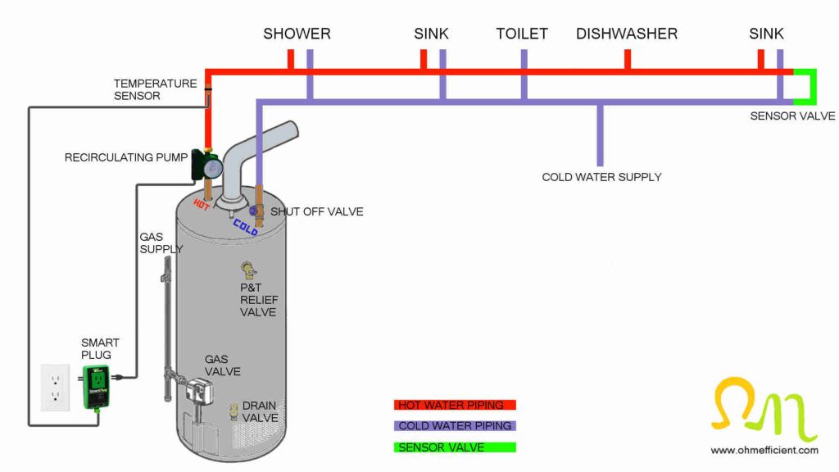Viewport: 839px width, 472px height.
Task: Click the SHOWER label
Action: click(x=297, y=34)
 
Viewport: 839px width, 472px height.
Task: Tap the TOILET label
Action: click(x=522, y=34)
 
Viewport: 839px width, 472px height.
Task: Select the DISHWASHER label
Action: click(x=627, y=34)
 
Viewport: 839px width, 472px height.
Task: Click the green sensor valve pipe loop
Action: click(x=810, y=86)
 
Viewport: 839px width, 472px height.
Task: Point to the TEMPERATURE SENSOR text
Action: click(x=155, y=89)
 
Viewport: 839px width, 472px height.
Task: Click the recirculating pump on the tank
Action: click(x=206, y=165)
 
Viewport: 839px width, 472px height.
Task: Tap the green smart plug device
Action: click(x=98, y=388)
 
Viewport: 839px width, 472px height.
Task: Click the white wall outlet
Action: click(x=56, y=388)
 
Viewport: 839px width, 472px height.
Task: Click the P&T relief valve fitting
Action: click(x=247, y=270)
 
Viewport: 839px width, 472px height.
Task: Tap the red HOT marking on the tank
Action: click(x=202, y=202)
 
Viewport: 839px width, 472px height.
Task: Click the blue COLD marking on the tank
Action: click(x=245, y=226)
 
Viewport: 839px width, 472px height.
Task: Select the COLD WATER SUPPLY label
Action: click(x=601, y=176)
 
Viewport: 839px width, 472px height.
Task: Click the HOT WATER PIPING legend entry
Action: click(x=455, y=405)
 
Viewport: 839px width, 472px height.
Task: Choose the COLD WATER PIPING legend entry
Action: click(x=455, y=426)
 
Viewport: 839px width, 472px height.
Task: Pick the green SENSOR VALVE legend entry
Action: click(x=455, y=447)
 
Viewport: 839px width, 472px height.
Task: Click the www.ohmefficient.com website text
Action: click(x=764, y=450)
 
